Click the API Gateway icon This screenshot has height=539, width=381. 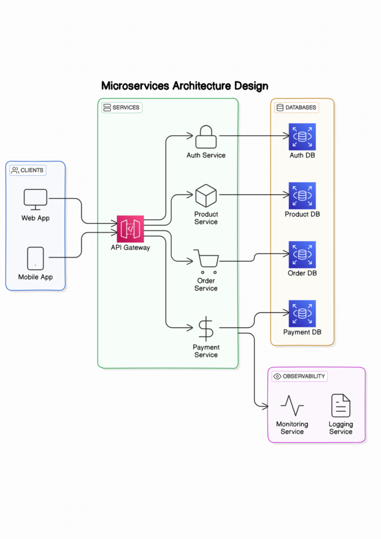130,229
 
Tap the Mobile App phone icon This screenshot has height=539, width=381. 35,258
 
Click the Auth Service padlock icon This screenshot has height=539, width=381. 206,137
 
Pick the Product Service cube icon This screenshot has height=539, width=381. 206,196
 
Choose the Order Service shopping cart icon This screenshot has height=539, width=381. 206,261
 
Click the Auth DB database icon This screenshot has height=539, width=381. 302,137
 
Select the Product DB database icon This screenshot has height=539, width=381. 302,196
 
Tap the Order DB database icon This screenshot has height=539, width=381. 302,255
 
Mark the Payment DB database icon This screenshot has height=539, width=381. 302,314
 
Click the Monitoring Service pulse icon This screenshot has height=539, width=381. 292,406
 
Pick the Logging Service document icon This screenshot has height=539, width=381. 340,406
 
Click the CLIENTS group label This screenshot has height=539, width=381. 28,170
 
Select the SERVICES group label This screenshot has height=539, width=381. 122,107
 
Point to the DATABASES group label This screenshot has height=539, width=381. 297,107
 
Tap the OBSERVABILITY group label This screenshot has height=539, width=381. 300,376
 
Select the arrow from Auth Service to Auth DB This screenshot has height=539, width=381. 253,136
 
